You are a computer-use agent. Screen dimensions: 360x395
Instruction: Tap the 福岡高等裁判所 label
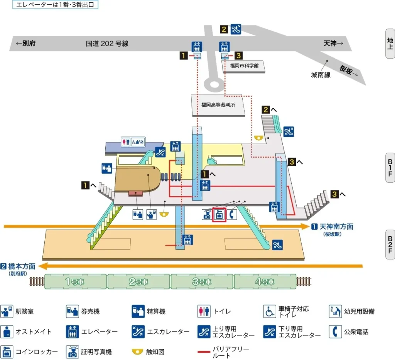[218, 104]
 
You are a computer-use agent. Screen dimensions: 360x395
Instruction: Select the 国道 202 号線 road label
[107, 44]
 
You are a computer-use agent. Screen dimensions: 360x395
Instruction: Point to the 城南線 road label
[321, 75]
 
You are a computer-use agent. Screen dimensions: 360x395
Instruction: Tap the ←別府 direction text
[25, 44]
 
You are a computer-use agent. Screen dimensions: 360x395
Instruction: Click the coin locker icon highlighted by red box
[219, 215]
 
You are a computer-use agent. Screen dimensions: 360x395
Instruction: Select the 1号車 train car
[76, 281]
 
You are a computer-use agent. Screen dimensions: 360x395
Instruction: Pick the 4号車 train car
[265, 281]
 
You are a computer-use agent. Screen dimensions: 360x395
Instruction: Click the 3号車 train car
[202, 281]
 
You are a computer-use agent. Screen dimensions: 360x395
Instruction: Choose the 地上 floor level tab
[390, 43]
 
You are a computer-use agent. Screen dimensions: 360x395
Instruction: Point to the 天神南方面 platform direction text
[336, 227]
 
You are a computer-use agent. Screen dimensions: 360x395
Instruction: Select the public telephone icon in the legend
[335, 331]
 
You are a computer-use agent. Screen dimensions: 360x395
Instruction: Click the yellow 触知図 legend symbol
[138, 352]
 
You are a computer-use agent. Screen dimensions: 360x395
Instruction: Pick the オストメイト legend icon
[7, 331]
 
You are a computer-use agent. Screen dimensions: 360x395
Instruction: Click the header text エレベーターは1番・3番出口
[55, 5]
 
